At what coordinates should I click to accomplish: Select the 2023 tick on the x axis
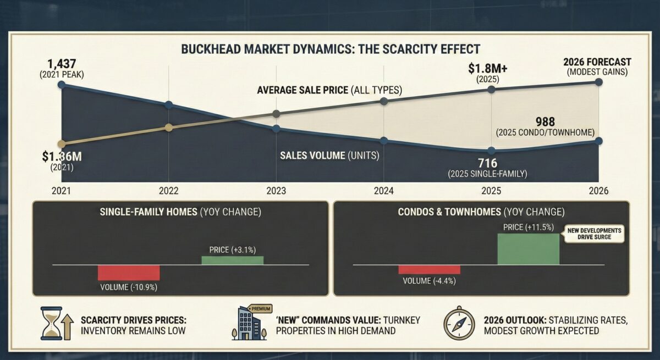[276, 192]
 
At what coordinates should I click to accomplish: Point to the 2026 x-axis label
[598, 192]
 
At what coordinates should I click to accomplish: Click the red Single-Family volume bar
[129, 273]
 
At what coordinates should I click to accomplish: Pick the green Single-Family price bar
[232, 261]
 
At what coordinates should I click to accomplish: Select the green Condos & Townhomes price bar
[528, 249]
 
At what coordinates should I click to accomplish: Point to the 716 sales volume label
[487, 163]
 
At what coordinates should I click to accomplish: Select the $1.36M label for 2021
[62, 157]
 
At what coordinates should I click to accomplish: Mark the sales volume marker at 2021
[61, 85]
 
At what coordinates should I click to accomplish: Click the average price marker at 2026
[598, 82]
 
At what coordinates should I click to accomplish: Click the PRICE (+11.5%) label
[529, 227]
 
